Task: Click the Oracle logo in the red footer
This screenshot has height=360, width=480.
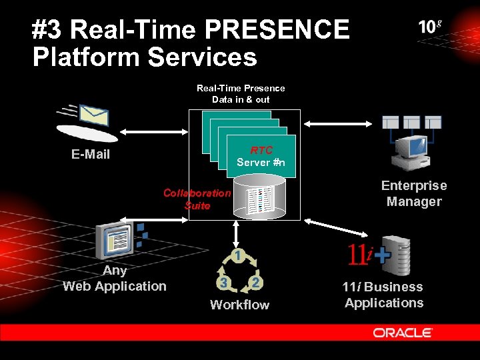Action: point(403,333)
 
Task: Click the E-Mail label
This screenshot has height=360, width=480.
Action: point(91,155)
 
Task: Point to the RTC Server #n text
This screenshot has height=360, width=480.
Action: point(261,157)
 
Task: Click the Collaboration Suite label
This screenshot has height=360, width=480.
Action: point(197,199)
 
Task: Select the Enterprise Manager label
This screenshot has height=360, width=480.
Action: point(414,193)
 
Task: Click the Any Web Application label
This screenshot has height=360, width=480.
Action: point(115,278)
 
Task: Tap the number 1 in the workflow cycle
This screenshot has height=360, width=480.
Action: point(236,256)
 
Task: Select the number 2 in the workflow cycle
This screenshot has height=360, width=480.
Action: point(255,283)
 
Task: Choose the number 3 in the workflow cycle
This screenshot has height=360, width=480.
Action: point(225,283)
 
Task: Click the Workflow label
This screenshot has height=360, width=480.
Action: point(239,305)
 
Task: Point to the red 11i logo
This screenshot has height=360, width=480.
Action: point(358,253)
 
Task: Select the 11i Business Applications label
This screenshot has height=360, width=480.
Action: point(383,295)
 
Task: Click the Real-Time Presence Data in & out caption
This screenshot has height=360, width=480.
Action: point(241,93)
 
